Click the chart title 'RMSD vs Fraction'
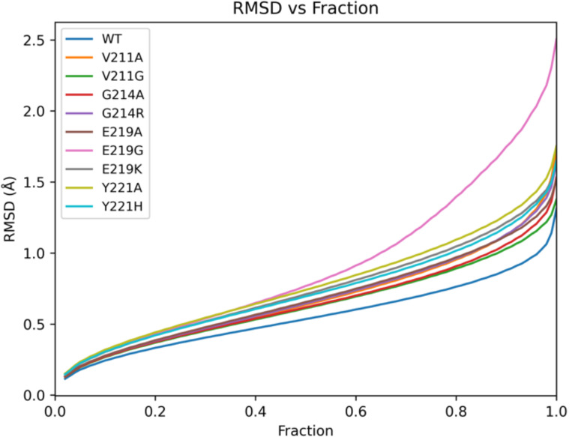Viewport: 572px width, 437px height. point(304,10)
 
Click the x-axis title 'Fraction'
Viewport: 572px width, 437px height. point(304,430)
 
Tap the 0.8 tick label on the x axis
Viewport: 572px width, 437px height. point(456,411)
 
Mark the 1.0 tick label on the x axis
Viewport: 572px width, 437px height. point(556,411)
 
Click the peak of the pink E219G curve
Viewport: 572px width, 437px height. point(556,37)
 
